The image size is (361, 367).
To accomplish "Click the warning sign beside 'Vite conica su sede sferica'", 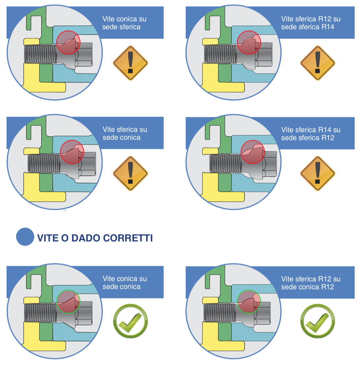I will point(130,63).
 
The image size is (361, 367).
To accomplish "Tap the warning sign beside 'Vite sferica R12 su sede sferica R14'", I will point(317,63).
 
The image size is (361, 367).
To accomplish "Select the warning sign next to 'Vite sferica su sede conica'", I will point(130,173).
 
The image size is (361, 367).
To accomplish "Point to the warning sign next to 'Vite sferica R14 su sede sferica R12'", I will point(317,173).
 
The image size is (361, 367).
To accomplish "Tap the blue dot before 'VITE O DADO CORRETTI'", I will point(25,237).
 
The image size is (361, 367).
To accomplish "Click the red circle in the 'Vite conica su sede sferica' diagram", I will point(68,43).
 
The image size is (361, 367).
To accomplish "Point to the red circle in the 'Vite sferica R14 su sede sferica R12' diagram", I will point(253,152).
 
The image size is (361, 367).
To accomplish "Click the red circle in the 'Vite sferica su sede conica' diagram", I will point(72,152).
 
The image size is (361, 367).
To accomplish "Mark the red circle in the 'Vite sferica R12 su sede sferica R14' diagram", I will point(249,43).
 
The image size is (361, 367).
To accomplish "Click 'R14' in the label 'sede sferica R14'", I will point(328,27).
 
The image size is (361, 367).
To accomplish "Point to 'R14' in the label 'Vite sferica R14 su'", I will point(325,130).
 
